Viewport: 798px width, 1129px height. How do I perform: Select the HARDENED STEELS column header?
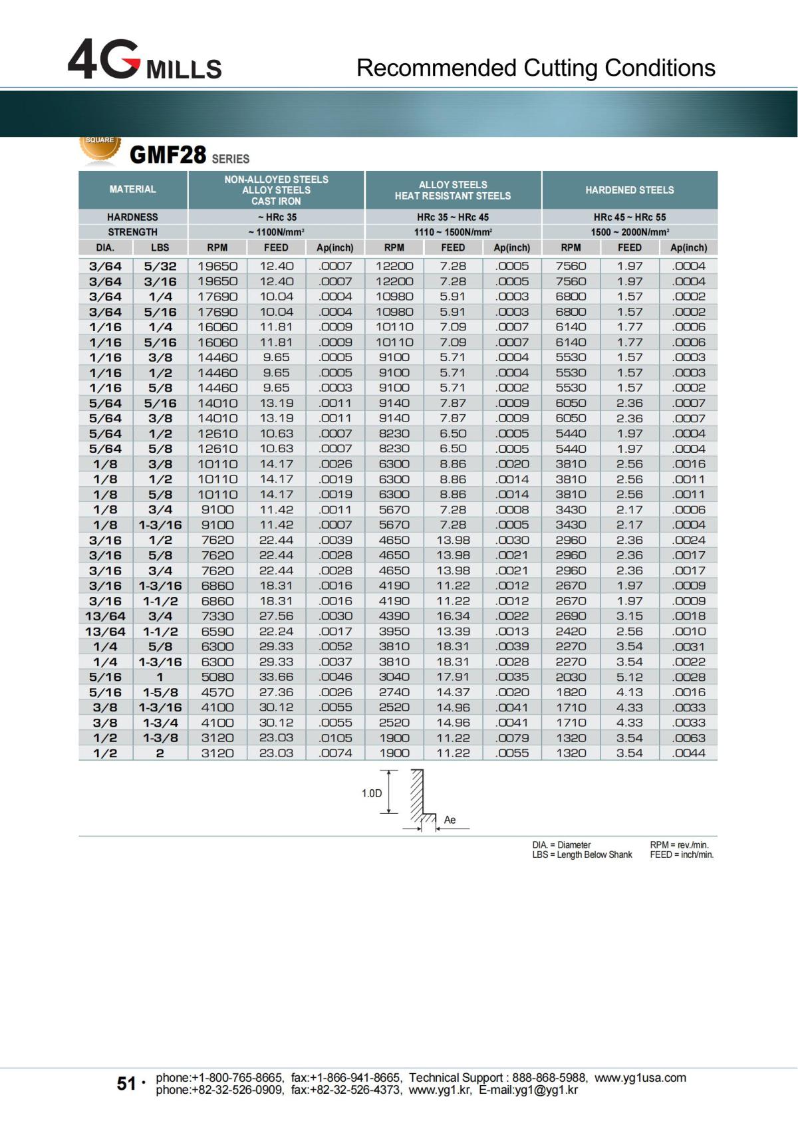point(629,190)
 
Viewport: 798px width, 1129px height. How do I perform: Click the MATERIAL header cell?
point(133,189)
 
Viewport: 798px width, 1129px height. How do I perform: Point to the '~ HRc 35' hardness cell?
point(276,217)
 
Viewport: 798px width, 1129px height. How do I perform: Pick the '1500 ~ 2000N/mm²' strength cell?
point(629,232)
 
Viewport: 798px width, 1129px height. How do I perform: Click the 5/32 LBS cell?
point(160,266)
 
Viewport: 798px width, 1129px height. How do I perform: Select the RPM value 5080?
point(217,677)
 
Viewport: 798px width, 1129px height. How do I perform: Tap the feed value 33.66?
point(276,677)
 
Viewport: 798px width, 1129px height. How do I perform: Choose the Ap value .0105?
point(335,738)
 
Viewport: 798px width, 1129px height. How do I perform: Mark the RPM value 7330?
point(217,616)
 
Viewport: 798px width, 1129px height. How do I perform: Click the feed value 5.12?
point(629,677)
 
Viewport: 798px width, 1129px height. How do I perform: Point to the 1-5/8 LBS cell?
point(160,692)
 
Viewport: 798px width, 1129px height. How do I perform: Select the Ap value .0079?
point(512,738)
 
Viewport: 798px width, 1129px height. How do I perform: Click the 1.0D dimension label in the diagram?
point(372,793)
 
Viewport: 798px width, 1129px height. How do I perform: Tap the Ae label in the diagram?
point(450,820)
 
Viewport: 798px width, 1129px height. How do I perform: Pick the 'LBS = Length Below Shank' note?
point(582,855)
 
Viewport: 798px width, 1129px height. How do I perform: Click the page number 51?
point(126,1084)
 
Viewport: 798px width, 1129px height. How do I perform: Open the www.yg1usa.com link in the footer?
point(640,1078)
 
